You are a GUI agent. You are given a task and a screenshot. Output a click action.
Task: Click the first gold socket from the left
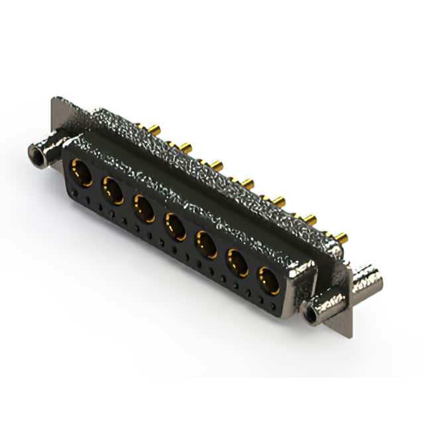(x=82, y=173)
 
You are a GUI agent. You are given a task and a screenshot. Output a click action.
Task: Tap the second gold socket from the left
(x=113, y=190)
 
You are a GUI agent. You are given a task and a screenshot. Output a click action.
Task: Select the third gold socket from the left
(x=144, y=207)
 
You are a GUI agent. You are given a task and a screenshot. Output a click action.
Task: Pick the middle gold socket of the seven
(x=175, y=226)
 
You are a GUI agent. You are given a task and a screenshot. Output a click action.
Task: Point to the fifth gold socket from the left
(x=207, y=244)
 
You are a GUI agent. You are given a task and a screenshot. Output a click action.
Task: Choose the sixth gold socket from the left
(x=238, y=262)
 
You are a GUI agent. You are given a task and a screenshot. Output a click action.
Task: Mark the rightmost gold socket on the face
(x=269, y=280)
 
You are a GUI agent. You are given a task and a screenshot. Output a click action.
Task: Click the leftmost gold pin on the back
(x=152, y=128)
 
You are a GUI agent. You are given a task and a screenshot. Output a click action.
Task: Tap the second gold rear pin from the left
(x=184, y=147)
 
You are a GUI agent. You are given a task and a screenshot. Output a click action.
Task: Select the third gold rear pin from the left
(x=216, y=165)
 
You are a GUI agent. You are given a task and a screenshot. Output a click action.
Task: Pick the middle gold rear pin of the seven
(x=247, y=183)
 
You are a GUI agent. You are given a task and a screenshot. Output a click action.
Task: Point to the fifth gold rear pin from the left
(x=278, y=201)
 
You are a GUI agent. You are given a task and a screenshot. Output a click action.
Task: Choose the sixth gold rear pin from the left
(x=309, y=219)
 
